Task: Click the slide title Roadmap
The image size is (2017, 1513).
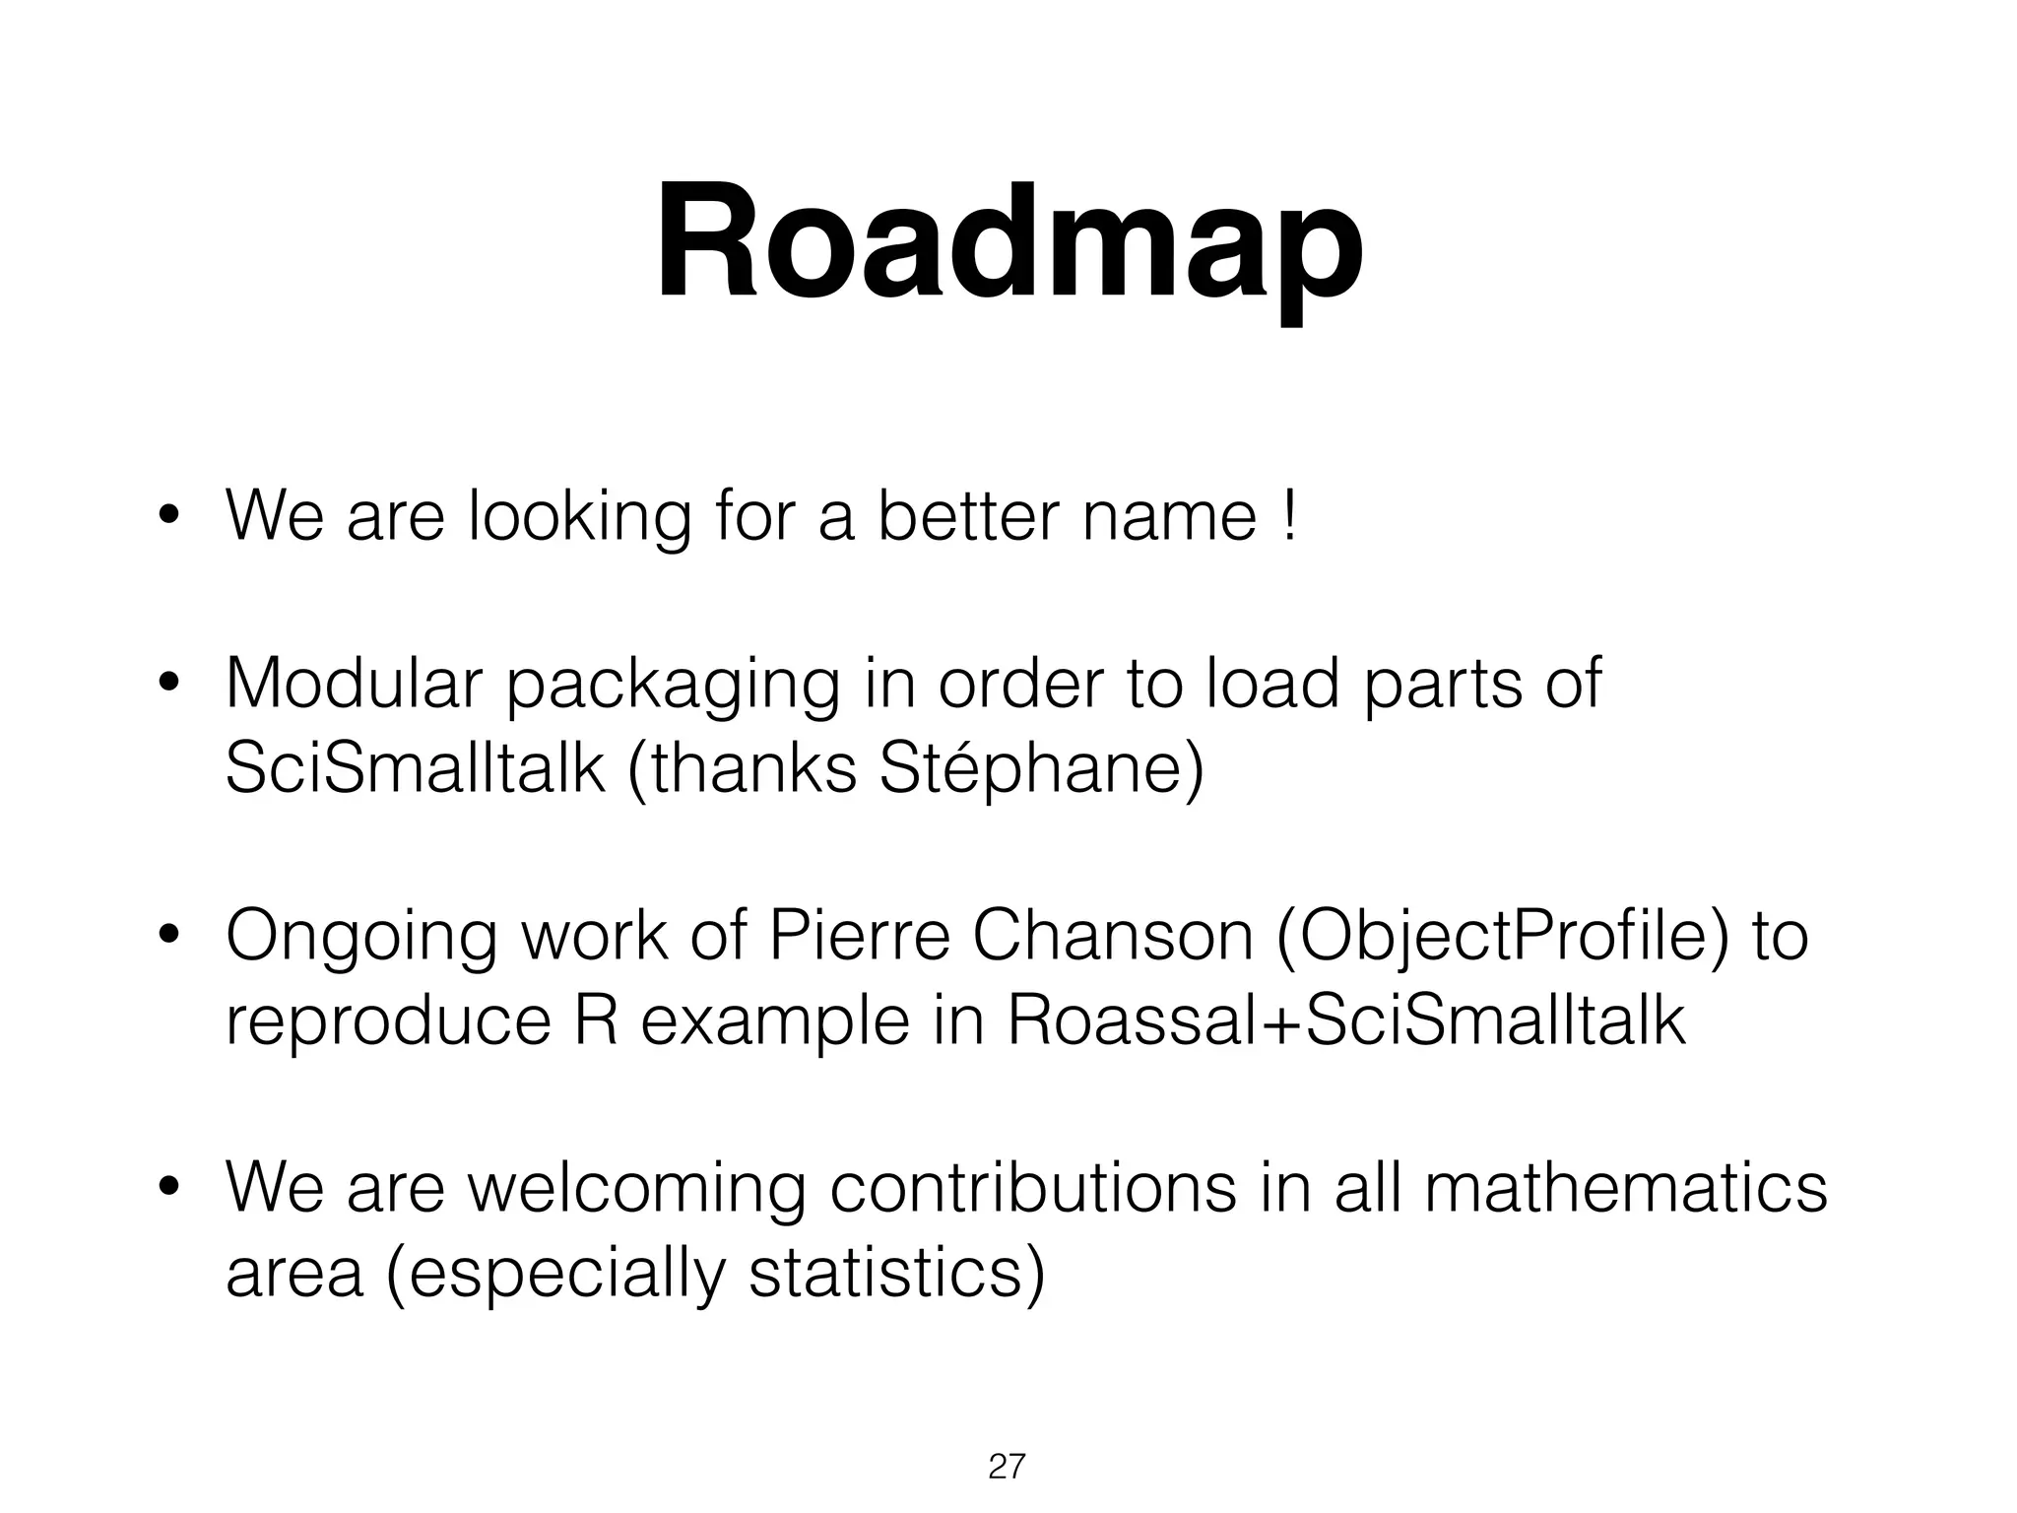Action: pyautogui.click(x=1008, y=243)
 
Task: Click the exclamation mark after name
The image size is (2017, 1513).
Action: pyautogui.click(x=1289, y=516)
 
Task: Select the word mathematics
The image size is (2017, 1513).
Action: pyautogui.click(x=1624, y=1188)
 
